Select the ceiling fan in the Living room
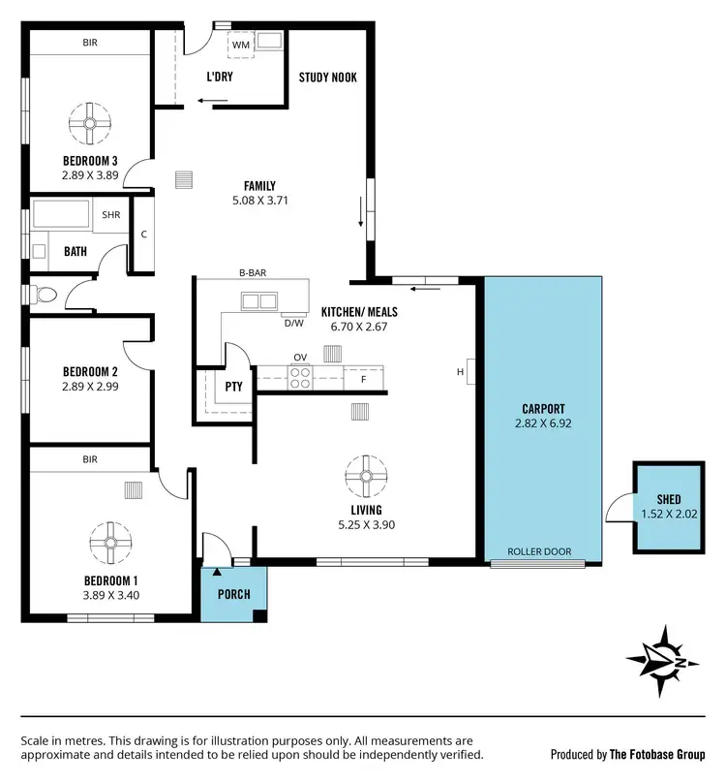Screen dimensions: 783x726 367,475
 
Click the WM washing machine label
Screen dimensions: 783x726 239,45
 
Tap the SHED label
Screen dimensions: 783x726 668,500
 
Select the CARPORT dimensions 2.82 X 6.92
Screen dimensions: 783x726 542,423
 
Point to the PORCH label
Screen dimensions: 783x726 234,594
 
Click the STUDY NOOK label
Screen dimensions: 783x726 327,77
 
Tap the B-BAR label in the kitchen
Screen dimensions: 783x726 253,273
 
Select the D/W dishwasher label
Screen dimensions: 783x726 292,323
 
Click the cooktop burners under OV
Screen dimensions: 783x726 300,375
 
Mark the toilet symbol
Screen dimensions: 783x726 46,295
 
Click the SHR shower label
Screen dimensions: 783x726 110,216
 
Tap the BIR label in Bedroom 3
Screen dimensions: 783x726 92,44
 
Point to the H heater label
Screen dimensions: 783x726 460,371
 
